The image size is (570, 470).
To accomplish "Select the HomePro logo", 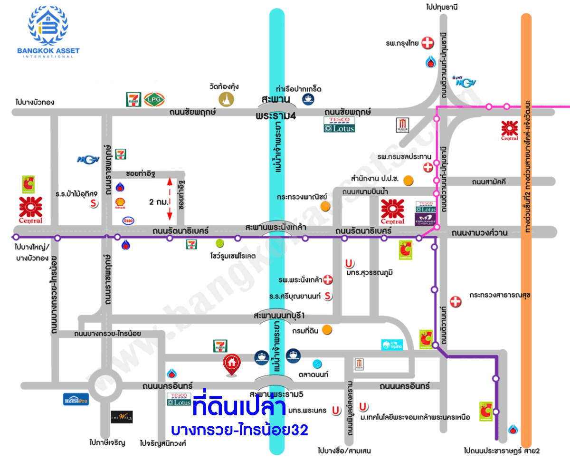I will [76, 399].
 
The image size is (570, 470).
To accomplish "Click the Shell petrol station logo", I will [120, 204].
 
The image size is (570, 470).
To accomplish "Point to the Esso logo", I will [128, 221].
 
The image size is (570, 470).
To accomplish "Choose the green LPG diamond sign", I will [154, 99].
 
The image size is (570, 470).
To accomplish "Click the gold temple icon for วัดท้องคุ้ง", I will [226, 99].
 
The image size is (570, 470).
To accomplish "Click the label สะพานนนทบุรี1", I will [279, 316].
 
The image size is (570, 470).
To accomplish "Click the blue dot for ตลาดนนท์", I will [317, 364].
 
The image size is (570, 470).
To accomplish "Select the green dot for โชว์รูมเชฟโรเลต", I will [219, 243].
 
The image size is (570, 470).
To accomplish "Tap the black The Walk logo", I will [122, 417].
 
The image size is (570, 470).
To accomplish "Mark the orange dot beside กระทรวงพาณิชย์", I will [325, 206].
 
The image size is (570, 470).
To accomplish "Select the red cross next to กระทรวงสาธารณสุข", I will [456, 301].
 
